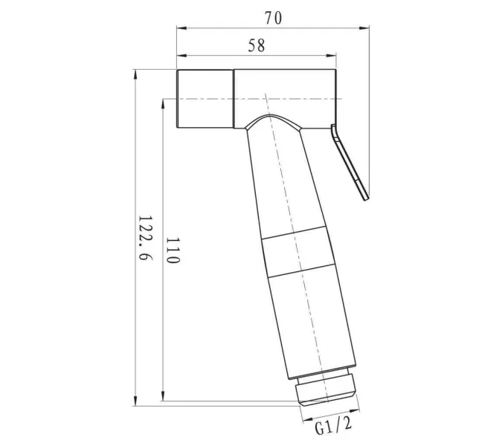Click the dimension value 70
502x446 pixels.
(x=273, y=17)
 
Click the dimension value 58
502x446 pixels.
(x=257, y=45)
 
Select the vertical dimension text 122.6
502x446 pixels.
(x=144, y=238)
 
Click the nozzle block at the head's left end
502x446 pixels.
(x=206, y=99)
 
